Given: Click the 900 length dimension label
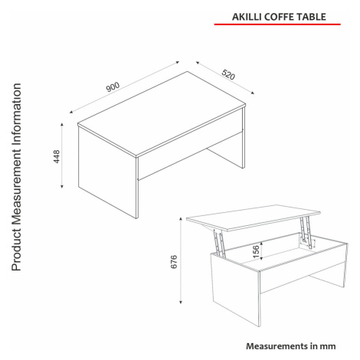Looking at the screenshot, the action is point(113,87).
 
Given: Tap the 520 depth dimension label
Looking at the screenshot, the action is point(228,74).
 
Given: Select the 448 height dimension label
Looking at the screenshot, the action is point(57,156).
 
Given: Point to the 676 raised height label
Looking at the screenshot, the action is point(174,261).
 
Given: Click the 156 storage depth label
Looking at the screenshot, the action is point(256,250).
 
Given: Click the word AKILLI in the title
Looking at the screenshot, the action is point(247,17).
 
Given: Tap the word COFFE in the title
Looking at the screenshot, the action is point(279,17).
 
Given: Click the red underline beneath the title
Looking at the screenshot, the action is point(277,25).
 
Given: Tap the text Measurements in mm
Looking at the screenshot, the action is point(291,346).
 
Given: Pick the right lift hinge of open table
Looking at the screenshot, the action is point(307,232).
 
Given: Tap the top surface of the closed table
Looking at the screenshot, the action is point(162,113).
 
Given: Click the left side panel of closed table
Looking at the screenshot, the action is point(107,172).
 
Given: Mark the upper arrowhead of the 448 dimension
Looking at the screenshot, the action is point(62,125).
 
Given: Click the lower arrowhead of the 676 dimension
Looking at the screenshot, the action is point(181,302).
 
